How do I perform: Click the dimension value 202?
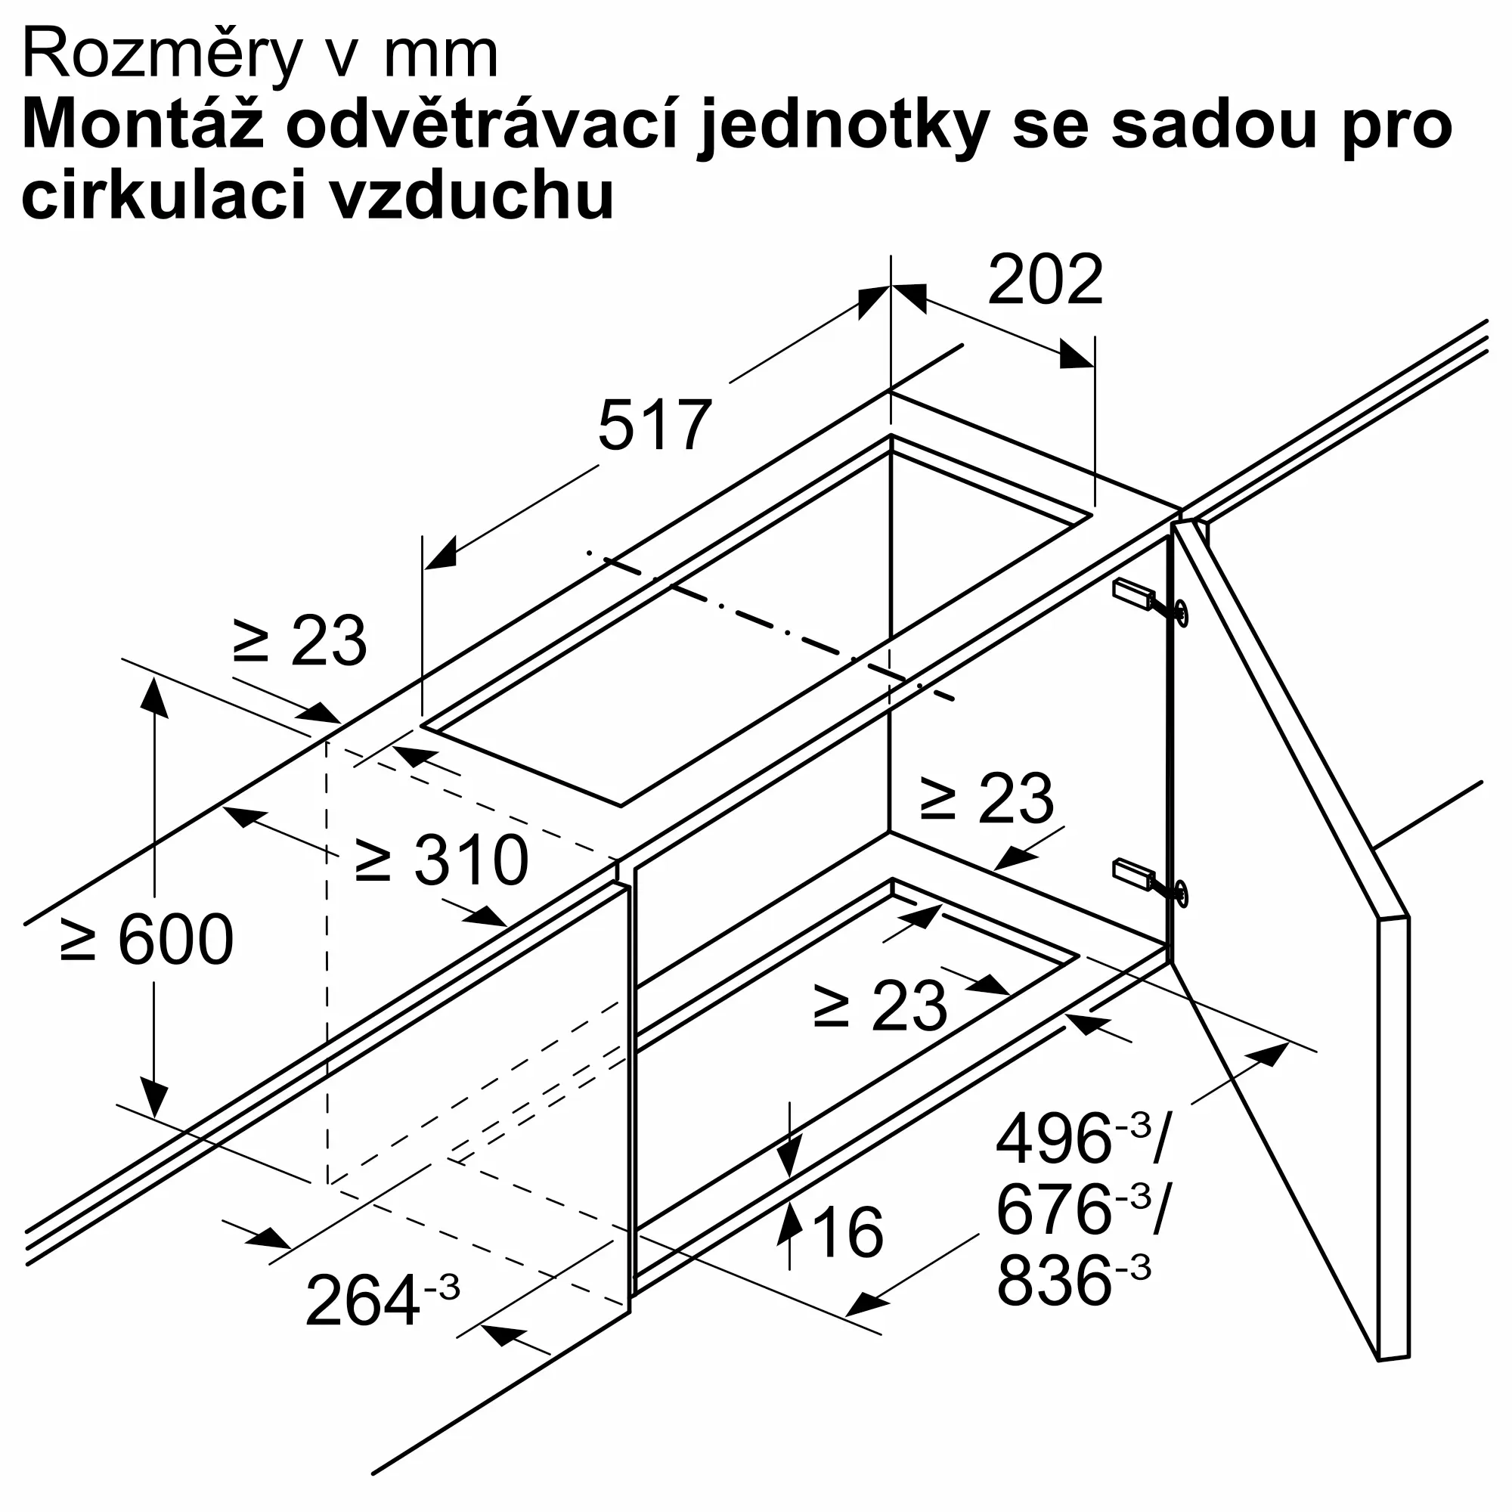1045,280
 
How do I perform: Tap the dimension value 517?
654,426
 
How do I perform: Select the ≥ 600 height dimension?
147,939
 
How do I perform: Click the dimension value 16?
847,1232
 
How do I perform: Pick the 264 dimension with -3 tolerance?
381,1300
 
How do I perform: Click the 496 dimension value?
1052,1139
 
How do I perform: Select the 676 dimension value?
1052,1209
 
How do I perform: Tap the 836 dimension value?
1052,1281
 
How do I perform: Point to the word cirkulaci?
163,195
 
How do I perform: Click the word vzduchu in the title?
469,195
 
